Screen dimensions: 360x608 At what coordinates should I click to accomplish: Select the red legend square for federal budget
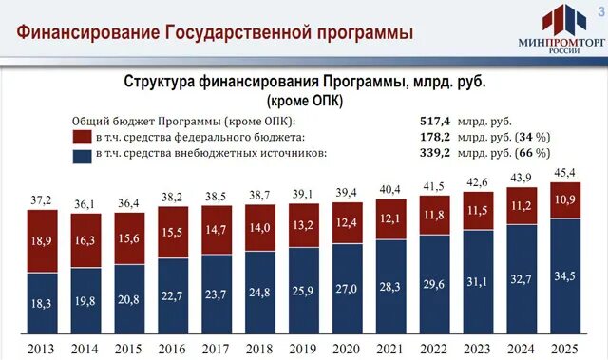[81, 138]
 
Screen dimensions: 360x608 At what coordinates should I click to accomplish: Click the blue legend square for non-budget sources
[81, 153]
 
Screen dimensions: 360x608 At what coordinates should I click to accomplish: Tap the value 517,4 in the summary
[435, 122]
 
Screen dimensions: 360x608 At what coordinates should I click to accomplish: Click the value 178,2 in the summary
[435, 137]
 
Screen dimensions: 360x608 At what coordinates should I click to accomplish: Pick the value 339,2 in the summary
[435, 152]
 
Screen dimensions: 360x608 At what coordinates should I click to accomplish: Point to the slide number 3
[599, 8]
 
